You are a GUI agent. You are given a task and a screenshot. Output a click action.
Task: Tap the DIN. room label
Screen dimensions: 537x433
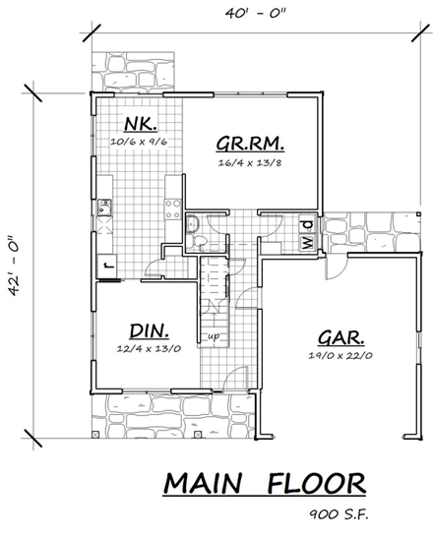tap(145, 330)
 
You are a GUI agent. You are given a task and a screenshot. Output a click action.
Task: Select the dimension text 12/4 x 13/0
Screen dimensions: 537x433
tap(145, 350)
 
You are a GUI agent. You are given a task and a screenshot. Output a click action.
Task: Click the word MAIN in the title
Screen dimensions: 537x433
tap(205, 485)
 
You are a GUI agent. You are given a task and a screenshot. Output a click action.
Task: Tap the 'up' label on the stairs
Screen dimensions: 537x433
tap(212, 336)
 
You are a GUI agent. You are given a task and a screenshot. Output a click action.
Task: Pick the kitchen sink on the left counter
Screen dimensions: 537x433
tap(105, 206)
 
